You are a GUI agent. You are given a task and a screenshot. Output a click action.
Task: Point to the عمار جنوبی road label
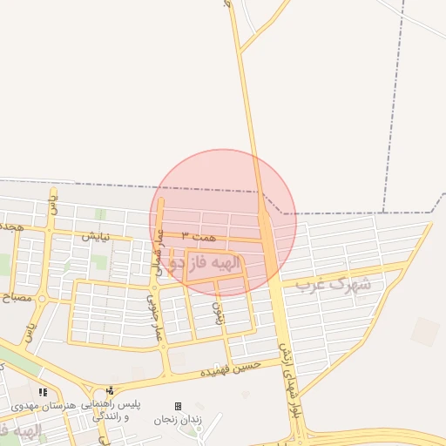(x=154, y=318)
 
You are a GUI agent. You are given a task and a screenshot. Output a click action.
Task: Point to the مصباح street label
(x=16, y=297)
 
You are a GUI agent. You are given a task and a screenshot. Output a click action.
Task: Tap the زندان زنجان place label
(x=177, y=420)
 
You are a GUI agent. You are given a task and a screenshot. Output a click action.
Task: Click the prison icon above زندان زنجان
(x=178, y=406)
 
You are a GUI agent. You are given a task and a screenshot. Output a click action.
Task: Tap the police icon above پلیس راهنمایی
(x=109, y=391)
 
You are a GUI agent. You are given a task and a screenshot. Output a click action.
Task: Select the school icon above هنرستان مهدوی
(x=43, y=392)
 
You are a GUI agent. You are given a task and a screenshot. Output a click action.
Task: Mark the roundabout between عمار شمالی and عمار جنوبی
(x=154, y=284)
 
